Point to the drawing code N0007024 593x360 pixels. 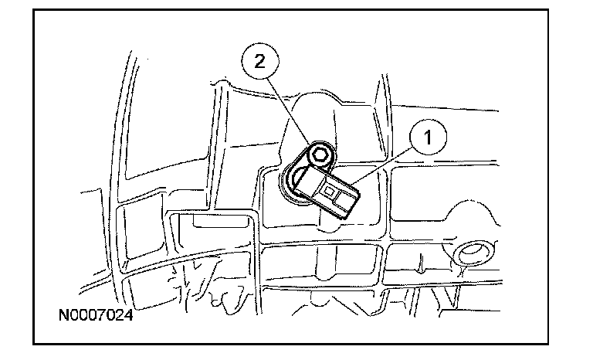click(93, 316)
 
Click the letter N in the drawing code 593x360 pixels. click(62, 316)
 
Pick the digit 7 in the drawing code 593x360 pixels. click(101, 316)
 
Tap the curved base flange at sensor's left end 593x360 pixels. click(287, 185)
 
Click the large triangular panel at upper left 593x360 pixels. click(154, 131)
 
